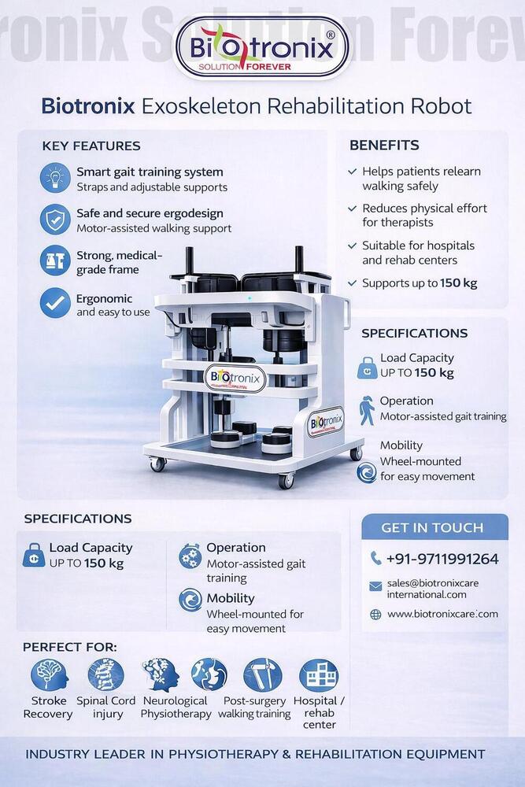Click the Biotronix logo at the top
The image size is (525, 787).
pyautogui.click(x=262, y=48)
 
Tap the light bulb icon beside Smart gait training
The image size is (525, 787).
pyautogui.click(x=55, y=178)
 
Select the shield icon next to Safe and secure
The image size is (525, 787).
pyautogui.click(x=55, y=220)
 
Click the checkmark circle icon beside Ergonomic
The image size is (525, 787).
pyautogui.click(x=55, y=303)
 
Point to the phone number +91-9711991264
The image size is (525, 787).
pyautogui.click(x=442, y=559)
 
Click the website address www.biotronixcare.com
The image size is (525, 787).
pyautogui.click(x=442, y=614)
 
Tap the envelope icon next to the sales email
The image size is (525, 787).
pyautogui.click(x=375, y=586)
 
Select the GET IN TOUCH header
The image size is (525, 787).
pyautogui.click(x=432, y=527)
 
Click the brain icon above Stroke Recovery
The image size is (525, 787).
pyautogui.click(x=49, y=675)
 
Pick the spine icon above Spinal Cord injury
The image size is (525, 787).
pyautogui.click(x=106, y=675)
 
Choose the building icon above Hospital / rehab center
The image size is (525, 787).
pyautogui.click(x=319, y=675)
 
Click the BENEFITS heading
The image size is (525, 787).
pyautogui.click(x=384, y=145)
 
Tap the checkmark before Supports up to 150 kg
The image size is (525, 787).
pyautogui.click(x=353, y=283)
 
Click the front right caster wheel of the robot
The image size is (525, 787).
pyautogui.click(x=286, y=480)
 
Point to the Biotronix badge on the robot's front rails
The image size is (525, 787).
pyautogui.click(x=235, y=378)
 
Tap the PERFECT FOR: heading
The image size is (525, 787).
pyautogui.click(x=70, y=647)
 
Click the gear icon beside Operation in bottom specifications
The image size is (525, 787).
pyautogui.click(x=190, y=556)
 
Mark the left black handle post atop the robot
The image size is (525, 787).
pyautogui.click(x=190, y=263)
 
